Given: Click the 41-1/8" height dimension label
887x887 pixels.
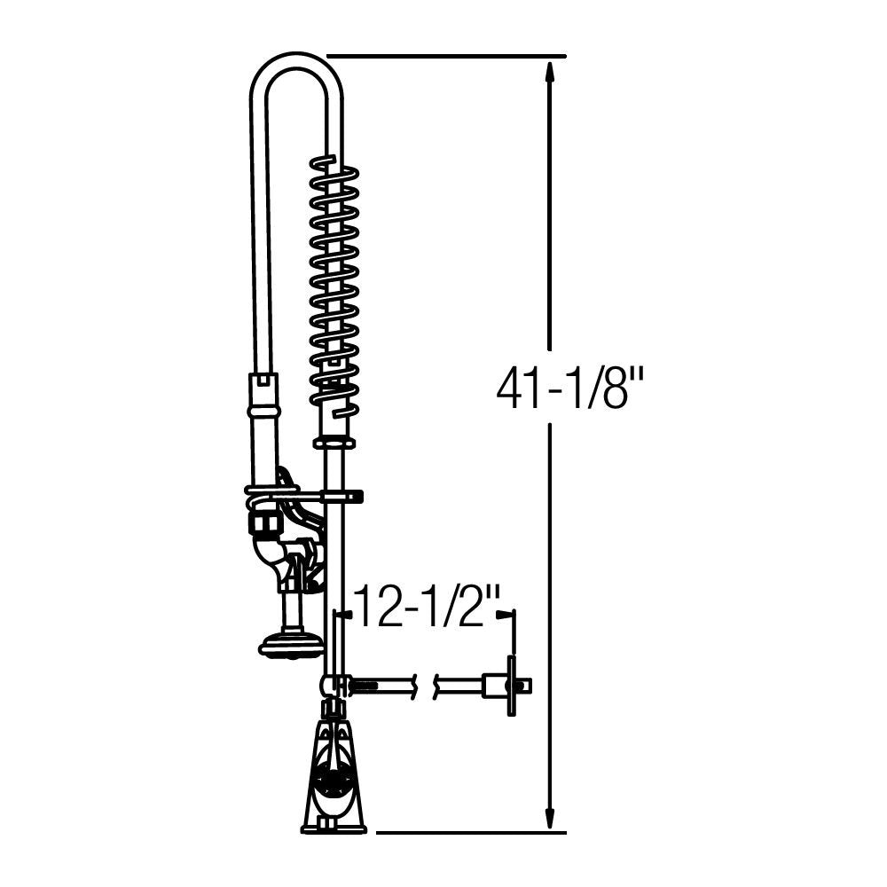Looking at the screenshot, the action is (569, 389).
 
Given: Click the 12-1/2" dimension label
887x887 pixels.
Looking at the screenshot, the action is (428, 607).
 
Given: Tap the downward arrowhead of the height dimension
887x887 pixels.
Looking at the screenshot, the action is (548, 818).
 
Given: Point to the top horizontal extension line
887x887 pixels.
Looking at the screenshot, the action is (446, 56).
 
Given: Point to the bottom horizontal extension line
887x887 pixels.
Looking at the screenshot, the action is (471, 832).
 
